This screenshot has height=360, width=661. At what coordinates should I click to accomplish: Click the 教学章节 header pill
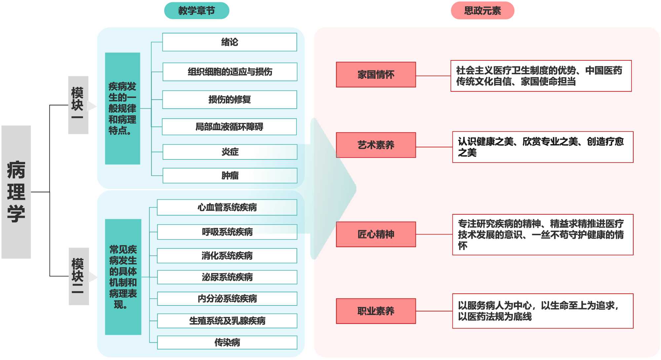(x=197, y=11)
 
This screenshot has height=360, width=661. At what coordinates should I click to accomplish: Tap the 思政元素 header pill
(x=482, y=11)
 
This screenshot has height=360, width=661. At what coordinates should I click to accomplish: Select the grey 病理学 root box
(x=16, y=192)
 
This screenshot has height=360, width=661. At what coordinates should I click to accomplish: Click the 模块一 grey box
(x=78, y=105)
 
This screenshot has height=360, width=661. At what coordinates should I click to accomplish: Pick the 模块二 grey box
(x=79, y=276)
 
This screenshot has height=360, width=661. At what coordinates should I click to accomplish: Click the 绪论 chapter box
(x=229, y=42)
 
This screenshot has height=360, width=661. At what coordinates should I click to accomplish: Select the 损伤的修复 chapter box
(x=229, y=99)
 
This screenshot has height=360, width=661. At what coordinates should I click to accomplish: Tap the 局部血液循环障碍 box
(x=229, y=127)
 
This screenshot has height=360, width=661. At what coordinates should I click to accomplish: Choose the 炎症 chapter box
(x=230, y=152)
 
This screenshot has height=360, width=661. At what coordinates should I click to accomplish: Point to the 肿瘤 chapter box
(x=230, y=175)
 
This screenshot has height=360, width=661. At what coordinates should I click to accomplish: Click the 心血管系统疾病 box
(x=227, y=207)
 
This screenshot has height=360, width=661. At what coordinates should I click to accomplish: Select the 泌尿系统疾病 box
(x=227, y=277)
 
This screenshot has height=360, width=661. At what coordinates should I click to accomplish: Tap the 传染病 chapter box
(x=227, y=342)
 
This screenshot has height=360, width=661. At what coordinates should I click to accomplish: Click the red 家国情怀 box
(x=376, y=75)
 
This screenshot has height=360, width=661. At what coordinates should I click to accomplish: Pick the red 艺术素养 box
(x=376, y=145)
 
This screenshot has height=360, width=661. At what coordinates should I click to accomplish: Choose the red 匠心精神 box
(x=376, y=234)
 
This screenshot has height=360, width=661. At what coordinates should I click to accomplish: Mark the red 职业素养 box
(x=376, y=311)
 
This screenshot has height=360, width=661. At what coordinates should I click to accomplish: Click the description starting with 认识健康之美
(x=543, y=147)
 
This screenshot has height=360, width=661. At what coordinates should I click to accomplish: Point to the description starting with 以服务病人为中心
(x=543, y=311)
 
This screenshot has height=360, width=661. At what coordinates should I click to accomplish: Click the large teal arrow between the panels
(x=332, y=189)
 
